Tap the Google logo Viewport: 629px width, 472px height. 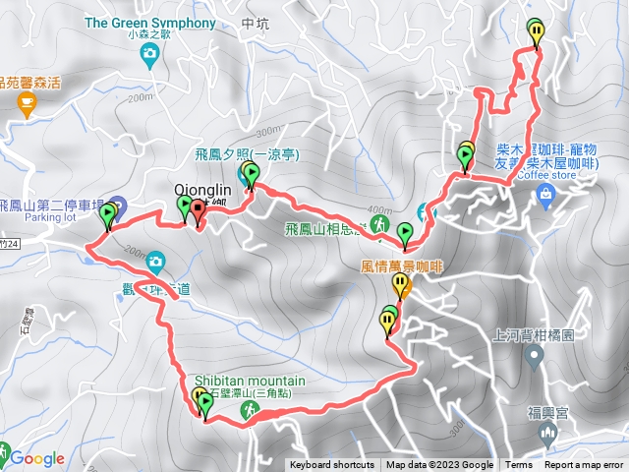[x=37, y=458]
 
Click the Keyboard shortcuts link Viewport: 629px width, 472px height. [x=331, y=465]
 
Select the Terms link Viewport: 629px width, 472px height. [x=518, y=465]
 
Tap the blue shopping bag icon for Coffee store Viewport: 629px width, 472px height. [x=544, y=198]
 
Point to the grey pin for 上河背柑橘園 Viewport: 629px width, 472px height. [x=535, y=357]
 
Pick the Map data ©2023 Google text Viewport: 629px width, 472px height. [x=439, y=465]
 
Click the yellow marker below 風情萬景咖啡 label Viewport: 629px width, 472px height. [x=401, y=285]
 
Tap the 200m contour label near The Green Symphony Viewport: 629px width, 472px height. [x=141, y=96]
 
